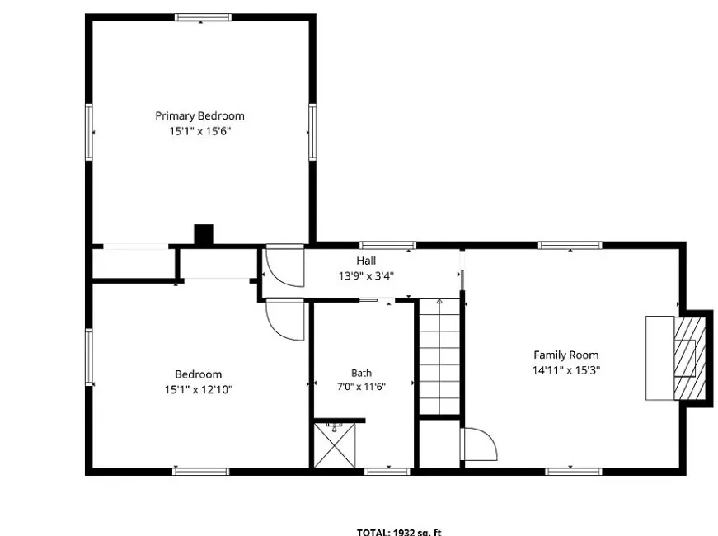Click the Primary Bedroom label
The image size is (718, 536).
click(x=199, y=116)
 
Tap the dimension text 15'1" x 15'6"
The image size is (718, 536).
click(x=200, y=131)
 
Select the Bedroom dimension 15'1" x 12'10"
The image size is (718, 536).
click(x=199, y=390)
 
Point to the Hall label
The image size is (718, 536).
click(x=366, y=261)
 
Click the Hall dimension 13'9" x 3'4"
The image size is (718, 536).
click(x=366, y=275)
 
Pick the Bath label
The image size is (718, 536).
click(x=361, y=373)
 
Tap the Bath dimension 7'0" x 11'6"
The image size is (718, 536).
click(x=361, y=387)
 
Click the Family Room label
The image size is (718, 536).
click(x=566, y=355)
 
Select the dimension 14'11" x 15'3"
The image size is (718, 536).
click(x=566, y=370)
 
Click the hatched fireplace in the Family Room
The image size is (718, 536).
click(x=690, y=358)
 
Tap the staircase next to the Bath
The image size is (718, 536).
click(x=439, y=356)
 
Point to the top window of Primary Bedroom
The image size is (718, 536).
click(x=203, y=17)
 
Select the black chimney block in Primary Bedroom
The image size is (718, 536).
click(x=204, y=234)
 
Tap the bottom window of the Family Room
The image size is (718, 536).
click(x=573, y=472)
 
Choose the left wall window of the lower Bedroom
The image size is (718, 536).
click(x=89, y=357)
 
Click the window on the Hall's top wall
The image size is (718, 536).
click(x=387, y=245)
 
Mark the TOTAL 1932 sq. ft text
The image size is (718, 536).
click(x=399, y=533)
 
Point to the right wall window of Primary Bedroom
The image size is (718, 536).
click(x=312, y=132)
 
